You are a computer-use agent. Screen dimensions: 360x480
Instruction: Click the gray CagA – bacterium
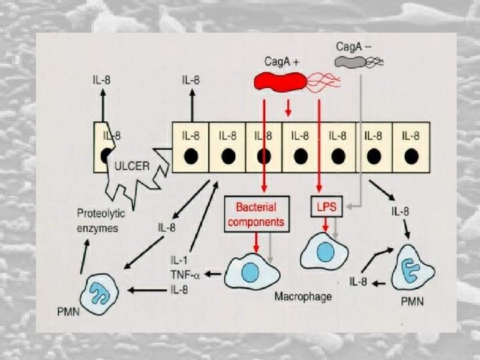(x=350, y=63)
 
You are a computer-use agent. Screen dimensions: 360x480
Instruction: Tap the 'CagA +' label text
(x=281, y=61)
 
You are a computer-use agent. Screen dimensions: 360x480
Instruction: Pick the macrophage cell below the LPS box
(x=325, y=253)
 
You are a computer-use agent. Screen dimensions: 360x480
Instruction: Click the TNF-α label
(x=185, y=273)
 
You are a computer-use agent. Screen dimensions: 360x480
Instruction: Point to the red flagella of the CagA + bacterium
(x=324, y=83)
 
